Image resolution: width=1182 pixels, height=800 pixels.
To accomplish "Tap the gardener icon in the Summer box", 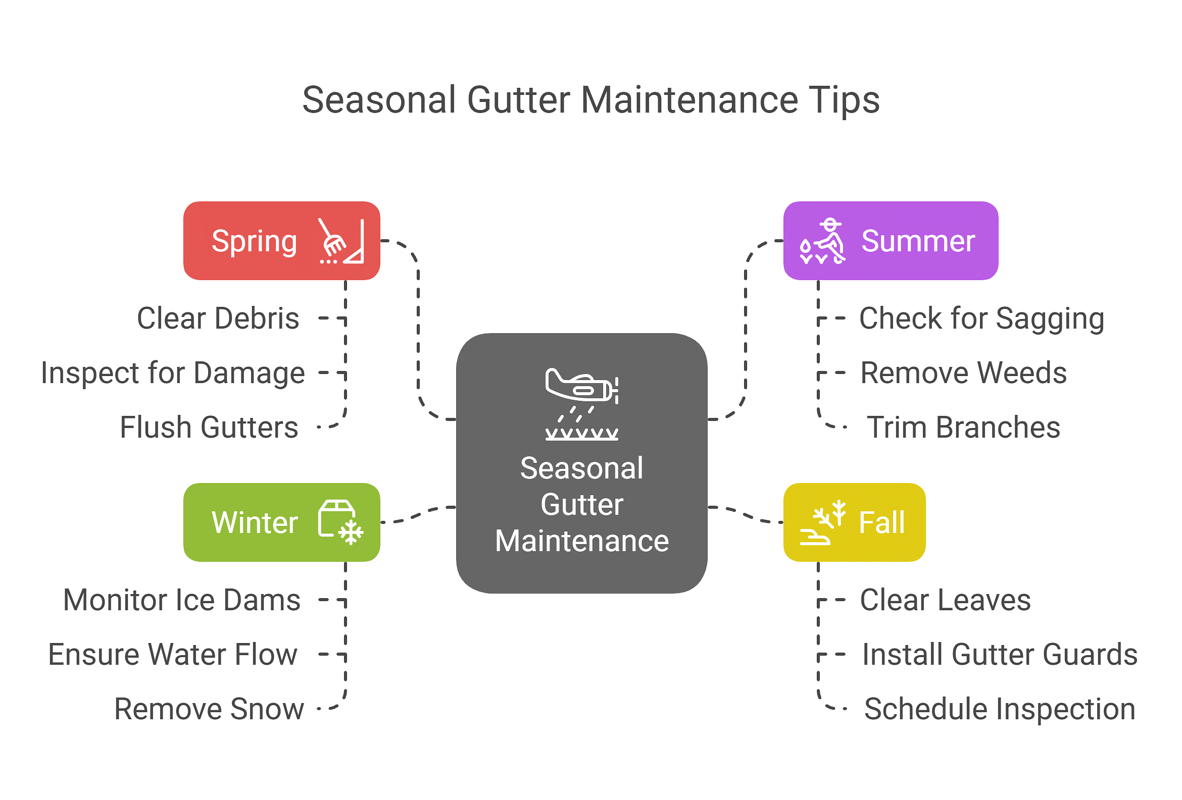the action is tap(822, 241).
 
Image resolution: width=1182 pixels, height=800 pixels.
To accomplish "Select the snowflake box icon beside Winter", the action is tap(341, 522).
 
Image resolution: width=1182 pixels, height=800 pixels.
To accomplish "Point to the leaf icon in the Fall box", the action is tap(822, 522).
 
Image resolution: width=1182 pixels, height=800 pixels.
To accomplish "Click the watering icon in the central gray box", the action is tap(582, 404).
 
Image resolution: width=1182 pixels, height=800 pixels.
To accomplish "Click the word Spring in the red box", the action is tap(254, 242).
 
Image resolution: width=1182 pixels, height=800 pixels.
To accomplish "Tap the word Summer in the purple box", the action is tap(918, 241).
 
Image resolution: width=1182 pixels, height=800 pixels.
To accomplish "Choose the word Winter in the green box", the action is tap(254, 522).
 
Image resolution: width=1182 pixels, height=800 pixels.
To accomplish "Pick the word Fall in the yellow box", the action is tap(882, 522).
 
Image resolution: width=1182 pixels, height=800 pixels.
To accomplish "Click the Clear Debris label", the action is tap(218, 318).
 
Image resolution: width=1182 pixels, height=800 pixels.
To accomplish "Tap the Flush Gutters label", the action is tap(209, 428).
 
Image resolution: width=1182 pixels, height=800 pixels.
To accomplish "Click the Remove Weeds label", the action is tap(964, 373).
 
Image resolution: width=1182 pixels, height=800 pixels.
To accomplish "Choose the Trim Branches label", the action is tap(964, 428).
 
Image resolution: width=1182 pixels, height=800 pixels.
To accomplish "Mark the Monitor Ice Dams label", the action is tap(181, 600).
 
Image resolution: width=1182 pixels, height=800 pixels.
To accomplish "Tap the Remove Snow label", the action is tap(209, 709).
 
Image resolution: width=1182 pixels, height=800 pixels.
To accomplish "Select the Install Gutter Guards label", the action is tap(1000, 655).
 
